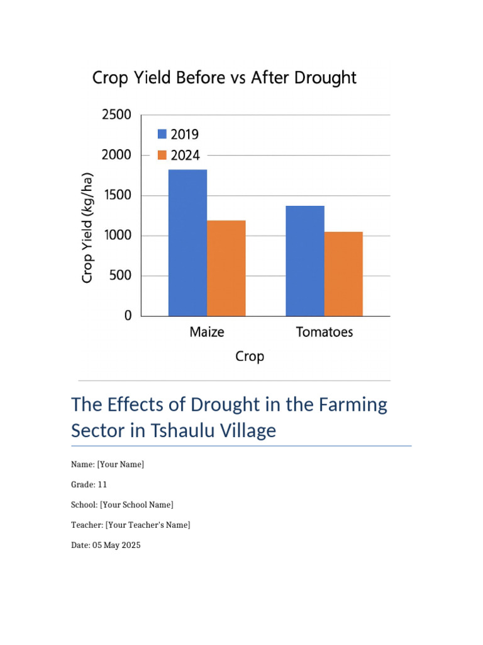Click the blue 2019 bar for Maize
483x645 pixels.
(187, 243)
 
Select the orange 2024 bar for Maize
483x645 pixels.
(226, 268)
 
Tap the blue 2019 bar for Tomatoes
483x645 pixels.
(305, 260)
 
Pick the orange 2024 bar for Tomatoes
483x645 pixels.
(343, 273)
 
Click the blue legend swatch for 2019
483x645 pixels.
(162, 134)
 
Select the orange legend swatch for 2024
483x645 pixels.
(162, 155)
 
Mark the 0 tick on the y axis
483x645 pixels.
(128, 316)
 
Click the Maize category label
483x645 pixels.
(207, 332)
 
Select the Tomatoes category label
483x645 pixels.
(325, 332)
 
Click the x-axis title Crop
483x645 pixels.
(250, 357)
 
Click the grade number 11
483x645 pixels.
(103, 484)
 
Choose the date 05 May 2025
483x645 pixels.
(116, 545)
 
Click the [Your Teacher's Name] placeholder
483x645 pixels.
(148, 525)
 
